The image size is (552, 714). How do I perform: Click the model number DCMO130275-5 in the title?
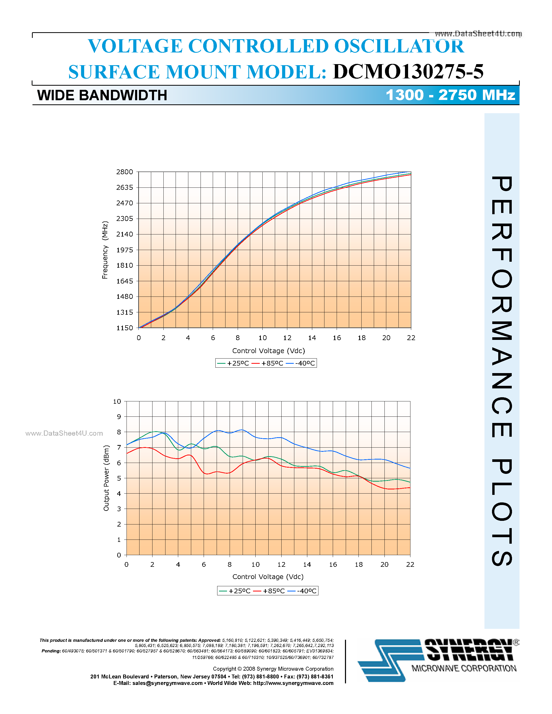408,72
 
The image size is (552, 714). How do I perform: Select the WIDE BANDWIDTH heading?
102,96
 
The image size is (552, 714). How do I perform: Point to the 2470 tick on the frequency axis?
125,203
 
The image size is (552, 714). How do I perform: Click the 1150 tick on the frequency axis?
125,328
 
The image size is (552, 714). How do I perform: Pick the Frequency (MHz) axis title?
105,250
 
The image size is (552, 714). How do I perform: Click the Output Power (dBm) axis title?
106,478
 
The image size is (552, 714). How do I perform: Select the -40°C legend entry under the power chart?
303,591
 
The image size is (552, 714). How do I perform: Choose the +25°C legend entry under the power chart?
235,591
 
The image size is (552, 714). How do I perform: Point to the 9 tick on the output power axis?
119,416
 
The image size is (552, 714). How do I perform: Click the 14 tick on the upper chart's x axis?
312,338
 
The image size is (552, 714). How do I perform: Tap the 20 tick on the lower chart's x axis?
384,565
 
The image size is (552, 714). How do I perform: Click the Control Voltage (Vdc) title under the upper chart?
269,351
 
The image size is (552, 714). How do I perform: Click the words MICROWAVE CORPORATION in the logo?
464,669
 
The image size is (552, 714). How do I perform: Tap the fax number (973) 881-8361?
315,676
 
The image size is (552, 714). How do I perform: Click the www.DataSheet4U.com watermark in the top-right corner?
478,34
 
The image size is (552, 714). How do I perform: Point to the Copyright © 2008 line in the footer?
273,669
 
